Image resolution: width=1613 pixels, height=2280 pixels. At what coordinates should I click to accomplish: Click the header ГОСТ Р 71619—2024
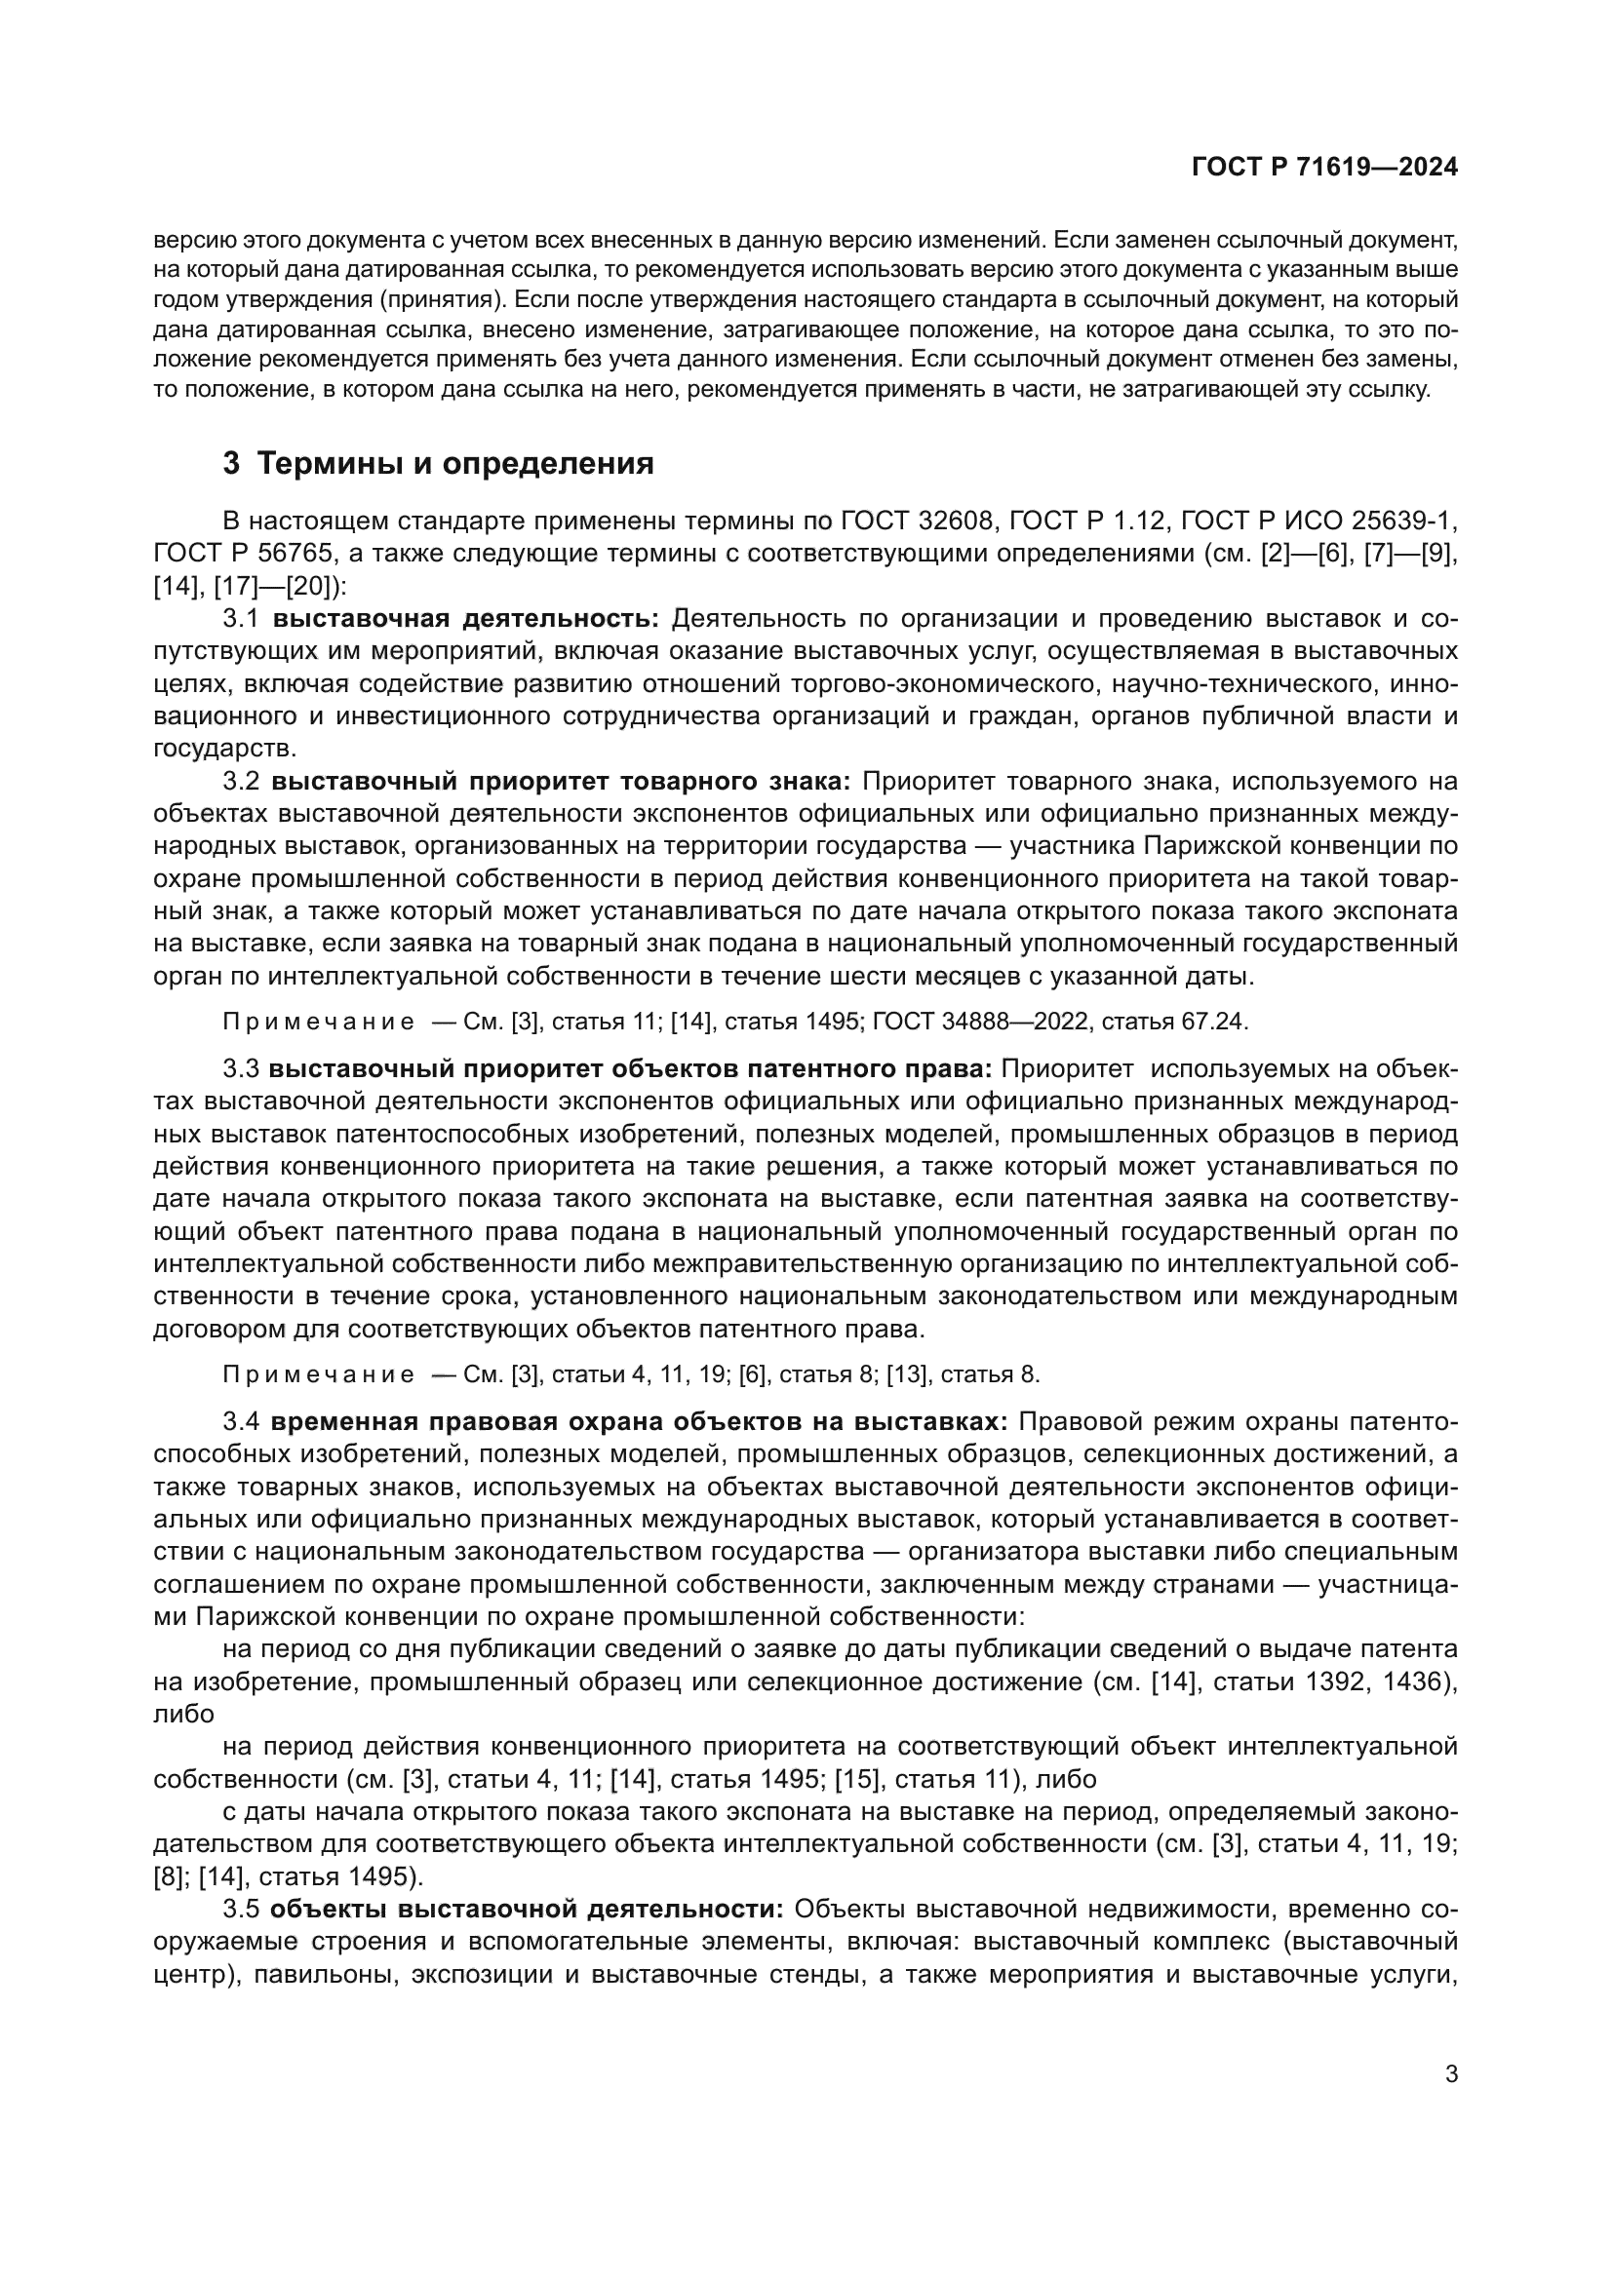[x=1324, y=168]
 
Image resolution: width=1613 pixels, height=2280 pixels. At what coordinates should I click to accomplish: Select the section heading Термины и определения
[x=454, y=464]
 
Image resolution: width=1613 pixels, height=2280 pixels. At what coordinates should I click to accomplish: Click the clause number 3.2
[x=240, y=782]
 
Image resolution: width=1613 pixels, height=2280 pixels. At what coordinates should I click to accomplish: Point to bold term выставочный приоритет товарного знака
[x=561, y=782]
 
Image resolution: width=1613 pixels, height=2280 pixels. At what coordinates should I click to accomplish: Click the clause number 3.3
[x=240, y=1068]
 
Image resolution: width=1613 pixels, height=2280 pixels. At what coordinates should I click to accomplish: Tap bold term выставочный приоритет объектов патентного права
[x=631, y=1068]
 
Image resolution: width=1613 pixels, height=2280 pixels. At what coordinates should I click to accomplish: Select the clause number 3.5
[x=240, y=1909]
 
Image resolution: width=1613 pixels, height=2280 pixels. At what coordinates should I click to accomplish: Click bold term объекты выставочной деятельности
[x=527, y=1909]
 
